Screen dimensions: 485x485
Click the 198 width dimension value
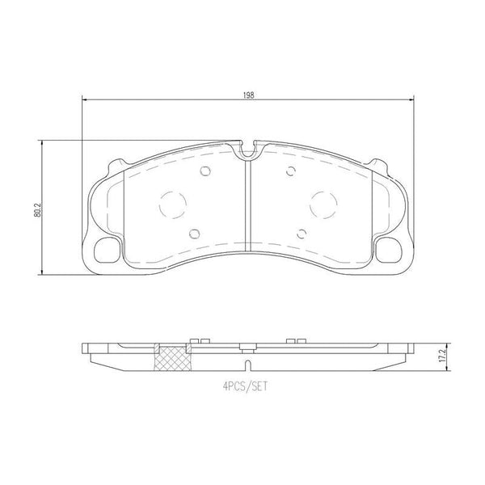coord(248,95)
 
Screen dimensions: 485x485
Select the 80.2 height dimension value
coord(38,210)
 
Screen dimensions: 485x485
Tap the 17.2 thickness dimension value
coord(442,356)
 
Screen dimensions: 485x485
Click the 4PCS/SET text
coord(245,386)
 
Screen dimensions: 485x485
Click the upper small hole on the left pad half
coord(205,171)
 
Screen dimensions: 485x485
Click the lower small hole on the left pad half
coord(194,234)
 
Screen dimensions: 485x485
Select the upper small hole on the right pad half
coord(291,171)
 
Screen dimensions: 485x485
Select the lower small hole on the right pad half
coord(302,234)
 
